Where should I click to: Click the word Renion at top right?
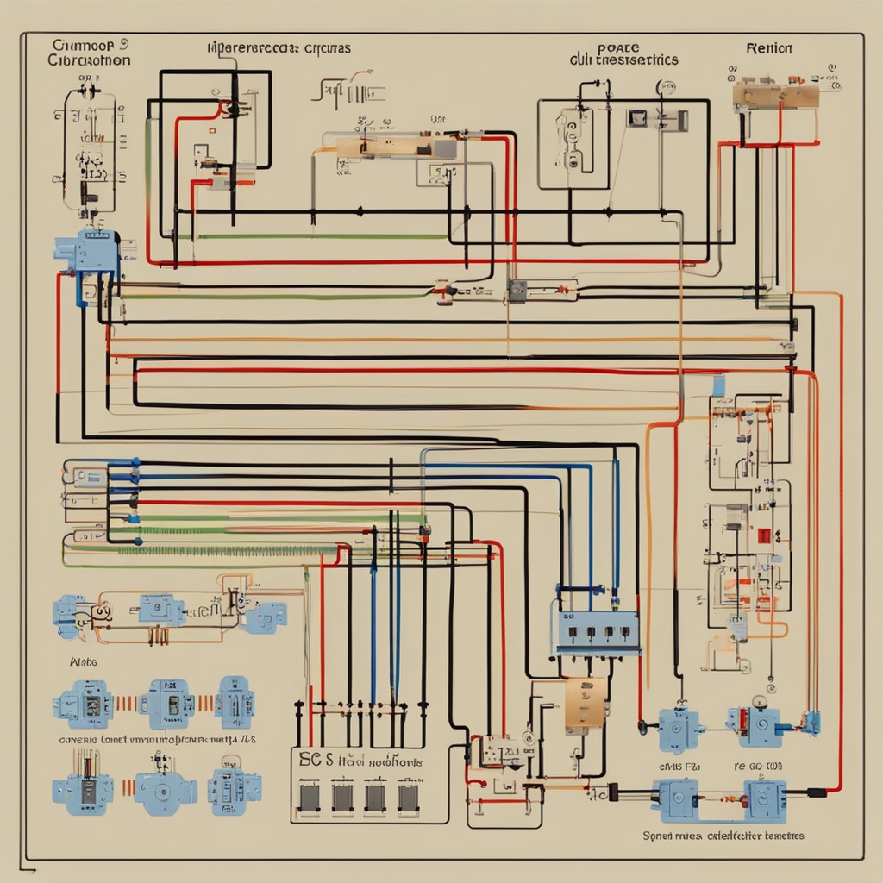769,48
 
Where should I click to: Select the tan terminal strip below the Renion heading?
775,96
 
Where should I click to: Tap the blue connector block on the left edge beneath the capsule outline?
87,251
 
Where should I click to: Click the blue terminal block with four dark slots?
598,632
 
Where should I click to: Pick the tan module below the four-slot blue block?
586,703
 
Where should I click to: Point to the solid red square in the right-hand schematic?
763,535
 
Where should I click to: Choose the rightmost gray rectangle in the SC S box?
408,798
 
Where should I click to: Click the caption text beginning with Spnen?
723,836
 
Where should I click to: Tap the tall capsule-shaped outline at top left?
89,151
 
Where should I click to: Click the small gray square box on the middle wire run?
517,290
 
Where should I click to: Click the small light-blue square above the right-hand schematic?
718,385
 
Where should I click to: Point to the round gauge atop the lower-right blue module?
760,701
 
